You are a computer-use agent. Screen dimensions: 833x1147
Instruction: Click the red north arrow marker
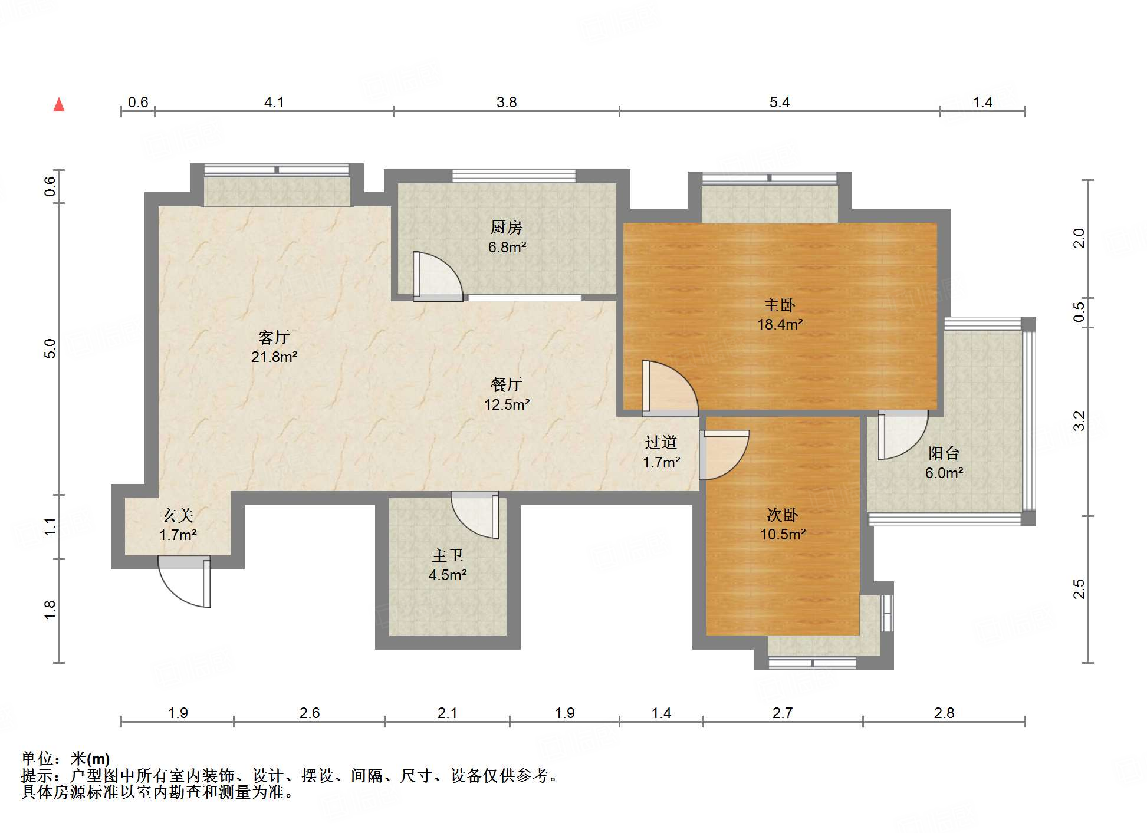coord(59,105)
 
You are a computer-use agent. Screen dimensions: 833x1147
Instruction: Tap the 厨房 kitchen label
coord(506,227)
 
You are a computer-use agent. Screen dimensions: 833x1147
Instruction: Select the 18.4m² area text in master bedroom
coord(780,324)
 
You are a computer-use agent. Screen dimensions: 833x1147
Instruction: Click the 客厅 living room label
coord(274,337)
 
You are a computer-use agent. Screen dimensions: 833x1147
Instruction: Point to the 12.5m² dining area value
coord(507,404)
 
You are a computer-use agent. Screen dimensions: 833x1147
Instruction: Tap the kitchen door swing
coord(437,276)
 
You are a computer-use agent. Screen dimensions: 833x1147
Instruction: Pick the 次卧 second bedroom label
coord(782,515)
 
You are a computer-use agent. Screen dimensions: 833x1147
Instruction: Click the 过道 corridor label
coord(660,442)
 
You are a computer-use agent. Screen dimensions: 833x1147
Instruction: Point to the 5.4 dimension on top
coord(779,103)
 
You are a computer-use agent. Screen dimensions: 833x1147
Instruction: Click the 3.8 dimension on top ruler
coord(506,103)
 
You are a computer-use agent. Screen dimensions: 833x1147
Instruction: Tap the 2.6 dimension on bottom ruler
coord(309,713)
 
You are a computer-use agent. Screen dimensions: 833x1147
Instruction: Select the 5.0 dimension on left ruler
coord(50,348)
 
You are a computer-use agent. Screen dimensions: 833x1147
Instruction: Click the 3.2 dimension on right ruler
coord(1079,421)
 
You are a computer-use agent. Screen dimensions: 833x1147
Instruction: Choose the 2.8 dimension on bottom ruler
coord(944,713)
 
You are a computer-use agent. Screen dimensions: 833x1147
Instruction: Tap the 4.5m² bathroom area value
coord(448,575)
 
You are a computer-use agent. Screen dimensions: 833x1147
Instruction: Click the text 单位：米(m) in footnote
coord(65,758)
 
